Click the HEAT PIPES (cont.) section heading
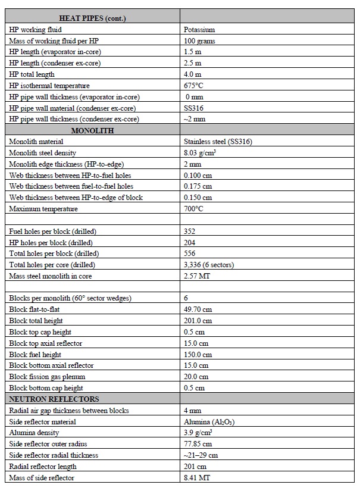(92, 18)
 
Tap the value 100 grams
(200, 41)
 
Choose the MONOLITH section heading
(92, 130)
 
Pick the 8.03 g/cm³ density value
(200, 153)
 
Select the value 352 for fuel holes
(190, 232)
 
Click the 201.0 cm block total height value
(198, 321)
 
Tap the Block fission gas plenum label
(47, 377)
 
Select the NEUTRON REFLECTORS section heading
(54, 399)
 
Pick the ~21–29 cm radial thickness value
(201, 455)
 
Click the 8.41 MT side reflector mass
(196, 477)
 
